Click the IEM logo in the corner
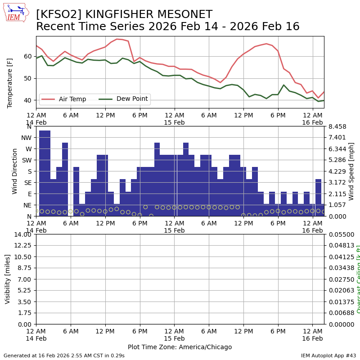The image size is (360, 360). [x=16, y=13]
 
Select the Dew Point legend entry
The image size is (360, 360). [x=129, y=99]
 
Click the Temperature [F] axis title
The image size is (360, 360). [x=10, y=83]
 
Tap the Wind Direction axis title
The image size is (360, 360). [x=15, y=171]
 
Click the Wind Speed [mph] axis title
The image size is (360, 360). [x=351, y=171]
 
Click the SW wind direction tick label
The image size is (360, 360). [x=27, y=160]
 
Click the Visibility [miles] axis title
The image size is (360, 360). [x=8, y=279]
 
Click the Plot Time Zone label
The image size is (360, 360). [x=180, y=347]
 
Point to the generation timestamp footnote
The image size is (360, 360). [x=64, y=355]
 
